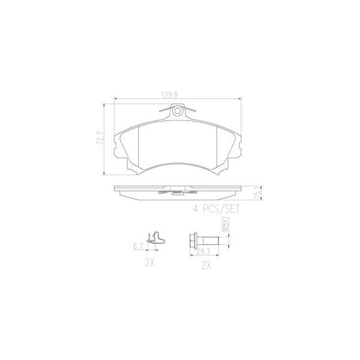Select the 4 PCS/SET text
point(215,209)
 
